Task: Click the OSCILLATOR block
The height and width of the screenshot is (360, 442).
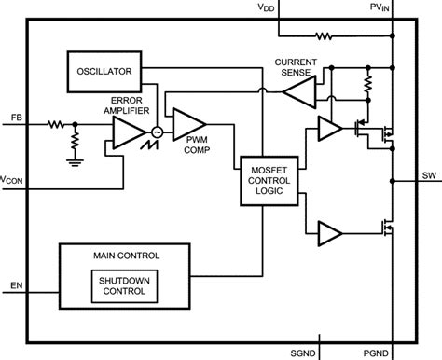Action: [x=102, y=69]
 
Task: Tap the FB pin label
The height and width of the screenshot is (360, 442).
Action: [x=17, y=118]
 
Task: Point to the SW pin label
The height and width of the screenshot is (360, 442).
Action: [x=428, y=173]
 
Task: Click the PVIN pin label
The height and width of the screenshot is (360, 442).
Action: [x=382, y=7]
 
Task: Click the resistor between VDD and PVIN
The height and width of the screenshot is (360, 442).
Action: [x=324, y=37]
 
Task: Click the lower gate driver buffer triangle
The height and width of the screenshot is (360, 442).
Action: [x=329, y=231]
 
